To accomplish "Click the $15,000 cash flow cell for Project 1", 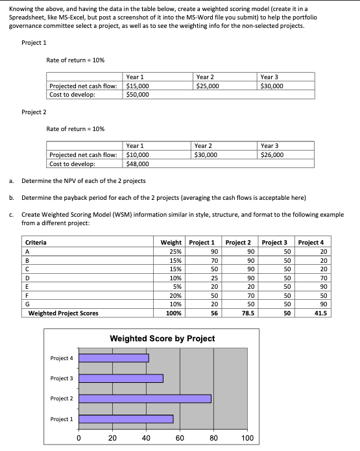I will pyautogui.click(x=138, y=86).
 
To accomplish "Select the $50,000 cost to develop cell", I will pyautogui.click(x=138, y=94).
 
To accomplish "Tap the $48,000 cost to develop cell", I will pyautogui.click(x=138, y=164).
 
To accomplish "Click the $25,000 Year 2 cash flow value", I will pyautogui.click(x=208, y=86).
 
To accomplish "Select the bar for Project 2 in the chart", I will pyautogui.click(x=145, y=398).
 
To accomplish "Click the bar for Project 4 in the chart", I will pyautogui.click(x=114, y=358).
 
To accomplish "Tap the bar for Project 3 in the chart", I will pyautogui.click(x=121, y=378).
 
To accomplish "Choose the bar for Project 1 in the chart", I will pyautogui.click(x=126, y=419).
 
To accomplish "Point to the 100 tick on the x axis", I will pyautogui.click(x=247, y=438).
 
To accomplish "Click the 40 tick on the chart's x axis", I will pyautogui.click(x=146, y=438).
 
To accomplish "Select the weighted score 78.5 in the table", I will pyautogui.click(x=246, y=313).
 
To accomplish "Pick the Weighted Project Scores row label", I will pyautogui.click(x=64, y=313).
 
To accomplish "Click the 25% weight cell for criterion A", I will pyautogui.click(x=175, y=251).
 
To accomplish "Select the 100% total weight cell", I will pyautogui.click(x=174, y=313).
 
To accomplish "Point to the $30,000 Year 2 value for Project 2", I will pyautogui.click(x=208, y=155).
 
